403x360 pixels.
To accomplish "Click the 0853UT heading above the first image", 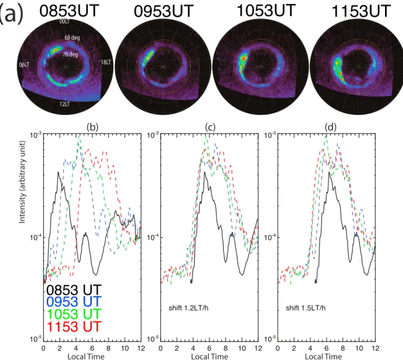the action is coord(69,11).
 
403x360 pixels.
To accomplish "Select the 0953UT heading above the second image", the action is coord(164,11).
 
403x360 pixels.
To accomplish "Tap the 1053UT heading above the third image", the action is coord(266,11).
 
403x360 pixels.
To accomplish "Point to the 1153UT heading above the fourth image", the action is coord(361,11).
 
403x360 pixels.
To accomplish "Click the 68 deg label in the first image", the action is coord(72,38).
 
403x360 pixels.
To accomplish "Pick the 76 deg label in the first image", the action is coord(70,55).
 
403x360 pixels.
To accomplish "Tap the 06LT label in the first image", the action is coord(24,65).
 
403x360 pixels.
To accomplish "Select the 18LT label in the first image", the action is coord(106,62).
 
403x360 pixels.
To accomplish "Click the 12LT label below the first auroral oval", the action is coord(64,104).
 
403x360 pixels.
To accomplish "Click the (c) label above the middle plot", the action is coord(210,127).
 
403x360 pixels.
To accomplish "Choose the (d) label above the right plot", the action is coord(330,127).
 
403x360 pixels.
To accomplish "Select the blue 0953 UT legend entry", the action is coord(74,302).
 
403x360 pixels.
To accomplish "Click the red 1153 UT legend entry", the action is coord(74,326).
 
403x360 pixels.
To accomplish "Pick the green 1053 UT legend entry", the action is coord(74,314).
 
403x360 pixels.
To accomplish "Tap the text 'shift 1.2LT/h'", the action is coord(188,308).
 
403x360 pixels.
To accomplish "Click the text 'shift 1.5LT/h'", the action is coord(306,308).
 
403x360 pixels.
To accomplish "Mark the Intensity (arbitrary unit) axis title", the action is coord(22,182).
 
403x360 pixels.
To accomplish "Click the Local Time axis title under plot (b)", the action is coord(86,356).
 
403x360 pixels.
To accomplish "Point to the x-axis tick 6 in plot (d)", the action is coord(326,348).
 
